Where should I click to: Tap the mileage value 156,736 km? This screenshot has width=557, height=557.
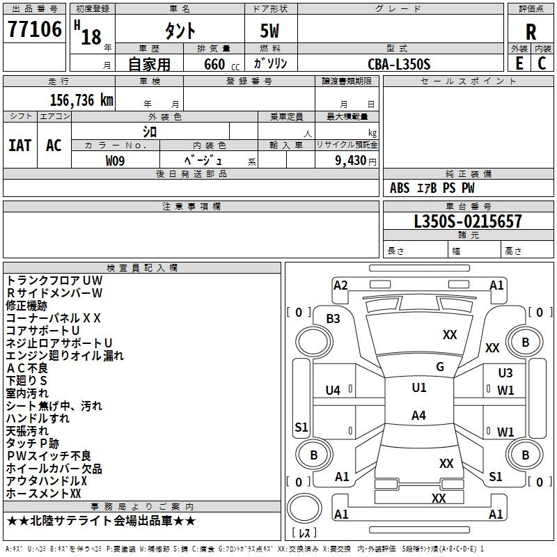81,100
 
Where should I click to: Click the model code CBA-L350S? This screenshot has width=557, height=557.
399,64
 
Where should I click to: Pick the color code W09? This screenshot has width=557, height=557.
116,160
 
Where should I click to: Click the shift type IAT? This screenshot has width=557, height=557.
19,146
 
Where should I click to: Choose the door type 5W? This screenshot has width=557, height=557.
271,31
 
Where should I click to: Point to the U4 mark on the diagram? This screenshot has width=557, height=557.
333,391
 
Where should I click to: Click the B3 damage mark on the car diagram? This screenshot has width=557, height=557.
333,318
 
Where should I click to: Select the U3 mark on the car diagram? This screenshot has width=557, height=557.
505,373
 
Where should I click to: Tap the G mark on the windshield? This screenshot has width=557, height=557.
440,367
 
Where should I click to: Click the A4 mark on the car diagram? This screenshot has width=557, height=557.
418,416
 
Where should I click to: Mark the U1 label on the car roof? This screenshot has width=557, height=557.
418,388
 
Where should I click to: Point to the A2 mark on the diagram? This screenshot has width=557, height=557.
340,285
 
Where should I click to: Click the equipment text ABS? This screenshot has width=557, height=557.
400,188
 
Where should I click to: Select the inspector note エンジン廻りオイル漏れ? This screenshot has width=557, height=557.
65,356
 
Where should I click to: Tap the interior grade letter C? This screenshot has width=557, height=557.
542,63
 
